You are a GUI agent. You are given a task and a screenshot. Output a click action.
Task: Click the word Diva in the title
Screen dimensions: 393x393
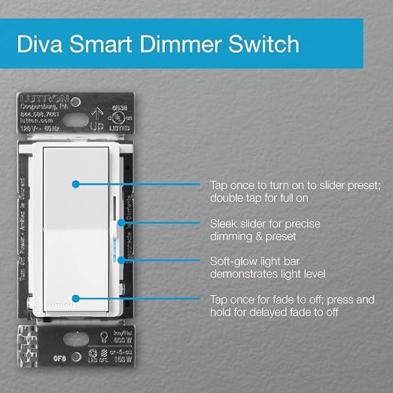tap(42, 45)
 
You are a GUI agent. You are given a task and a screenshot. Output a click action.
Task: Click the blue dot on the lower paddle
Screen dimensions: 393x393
tap(75, 298)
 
